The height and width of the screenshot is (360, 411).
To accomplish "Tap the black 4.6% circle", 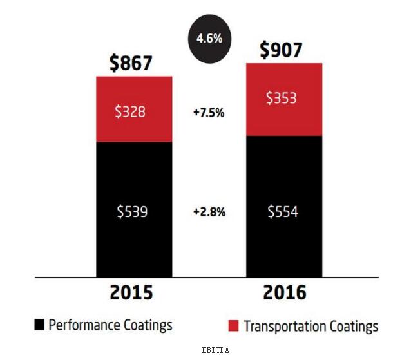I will (x=209, y=38).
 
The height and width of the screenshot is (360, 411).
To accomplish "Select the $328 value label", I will (x=134, y=111).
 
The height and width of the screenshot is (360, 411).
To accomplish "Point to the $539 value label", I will (x=134, y=211).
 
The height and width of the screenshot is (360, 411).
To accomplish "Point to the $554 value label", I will (x=284, y=211).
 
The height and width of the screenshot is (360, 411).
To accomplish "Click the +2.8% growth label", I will (x=209, y=211).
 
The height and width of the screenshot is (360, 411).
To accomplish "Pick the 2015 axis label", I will (x=131, y=293).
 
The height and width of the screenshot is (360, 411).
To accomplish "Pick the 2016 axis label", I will (x=284, y=293).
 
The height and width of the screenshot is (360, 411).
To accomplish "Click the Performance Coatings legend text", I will (x=110, y=325).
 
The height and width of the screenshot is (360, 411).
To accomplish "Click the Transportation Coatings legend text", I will (x=311, y=326).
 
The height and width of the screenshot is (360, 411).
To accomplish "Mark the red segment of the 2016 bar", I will (x=284, y=119).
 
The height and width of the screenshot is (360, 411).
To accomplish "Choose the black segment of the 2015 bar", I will (x=134, y=245).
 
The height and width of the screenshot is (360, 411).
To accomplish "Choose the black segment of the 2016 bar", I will (x=284, y=245).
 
